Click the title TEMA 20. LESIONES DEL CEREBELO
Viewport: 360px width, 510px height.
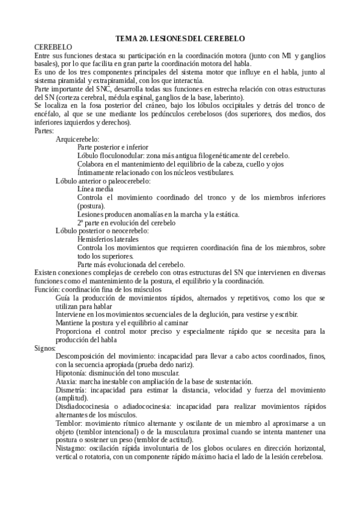(x=180, y=38)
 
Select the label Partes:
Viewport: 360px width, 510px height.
(x=45, y=131)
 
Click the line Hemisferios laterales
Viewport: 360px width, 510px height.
(x=111, y=239)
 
